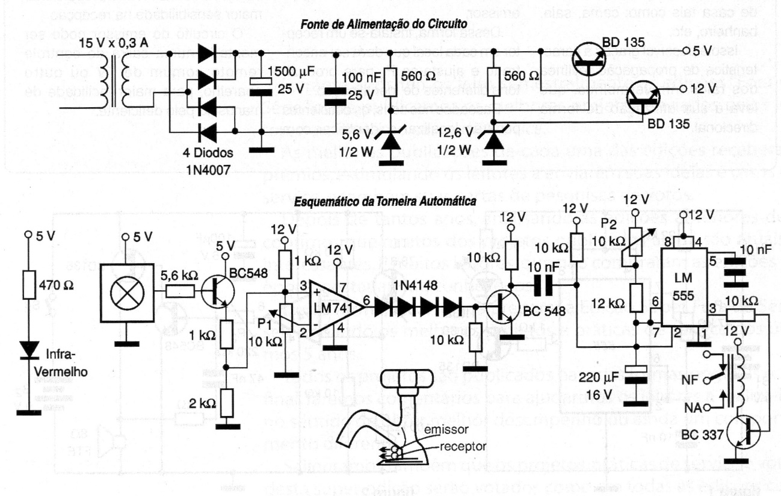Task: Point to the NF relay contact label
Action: tap(690, 380)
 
